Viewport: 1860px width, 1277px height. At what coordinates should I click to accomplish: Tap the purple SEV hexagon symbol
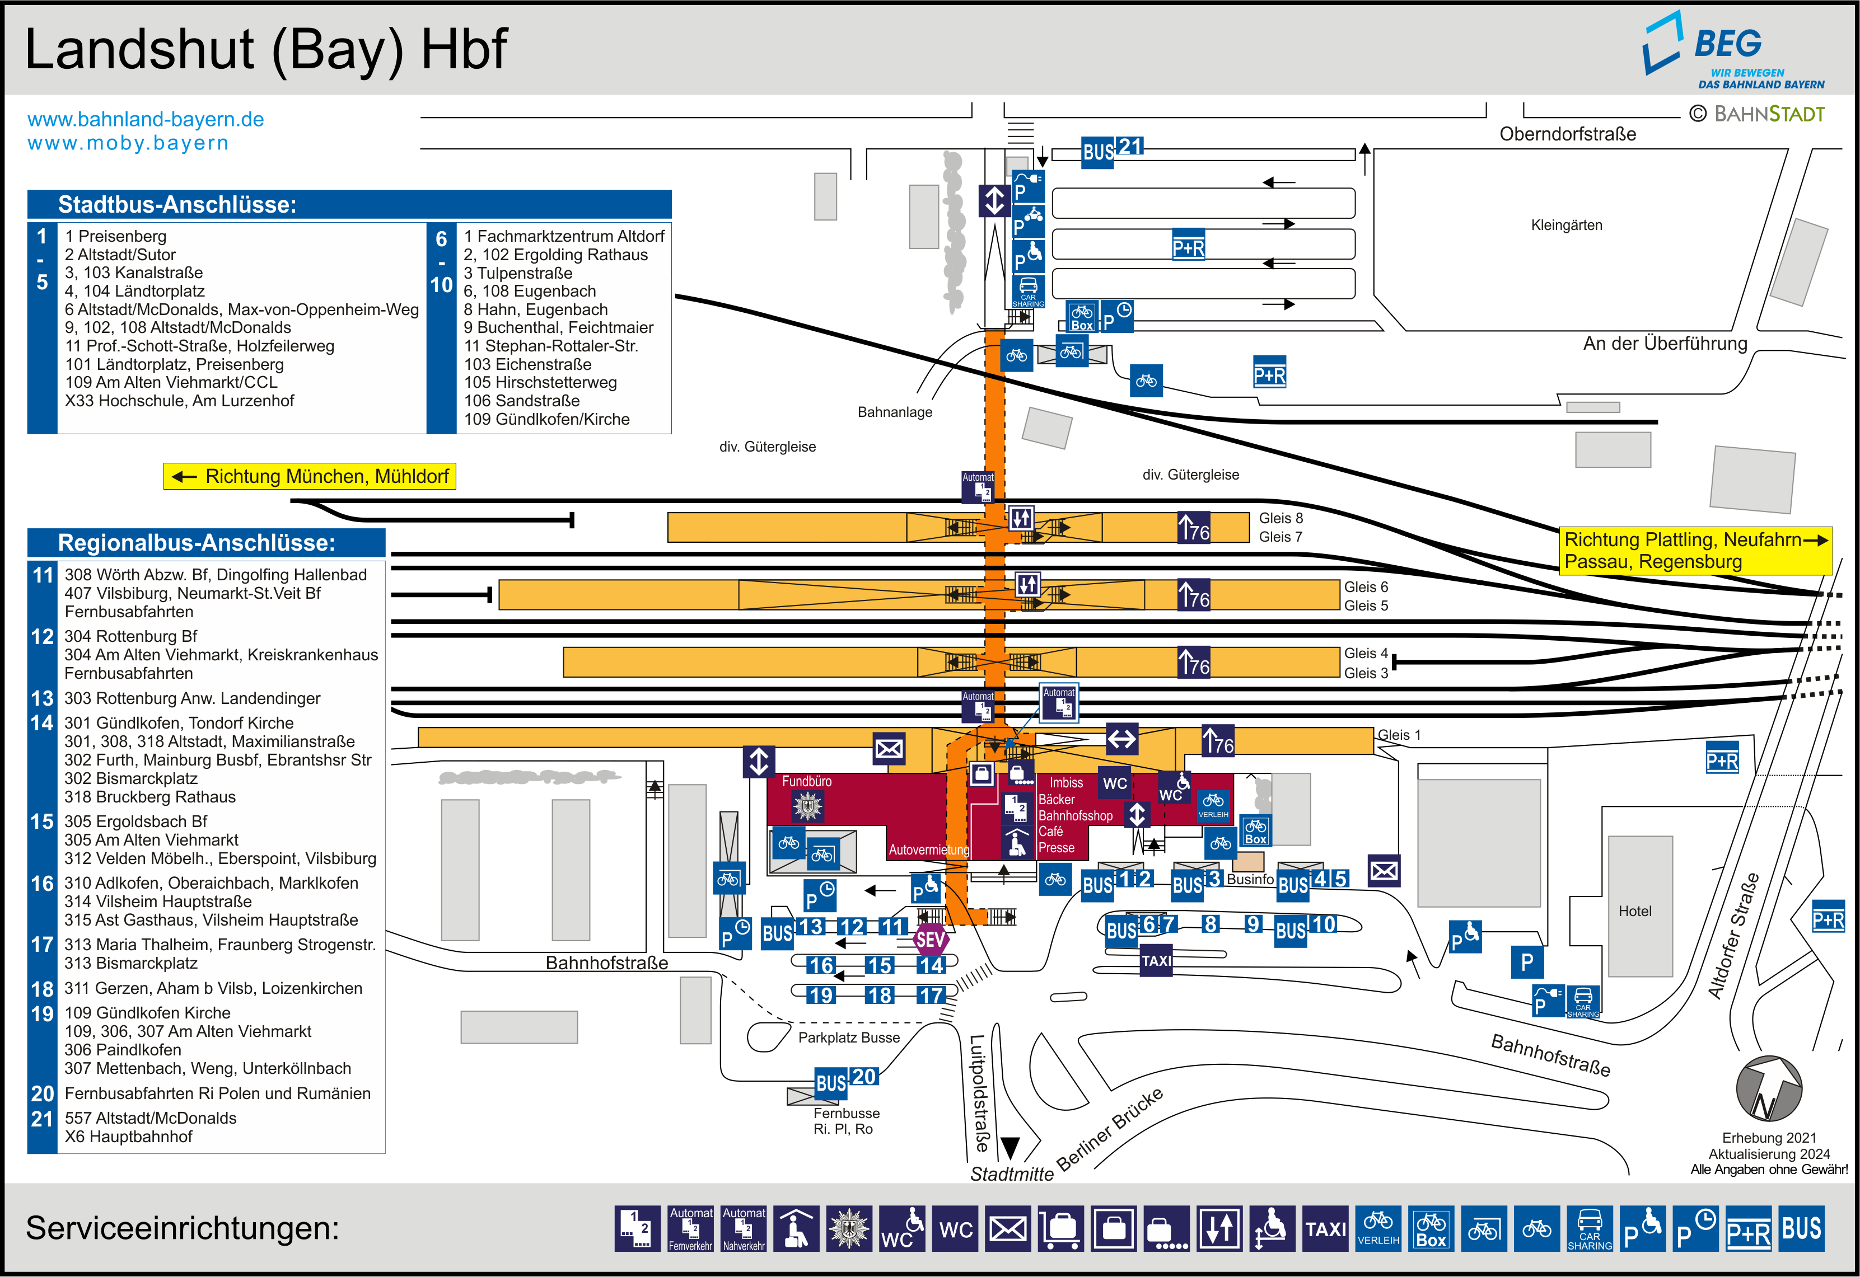930,940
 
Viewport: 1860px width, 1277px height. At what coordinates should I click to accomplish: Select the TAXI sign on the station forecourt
1156,961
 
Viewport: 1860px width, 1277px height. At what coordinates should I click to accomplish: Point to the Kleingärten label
1566,226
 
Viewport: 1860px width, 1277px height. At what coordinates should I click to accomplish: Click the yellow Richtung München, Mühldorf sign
310,477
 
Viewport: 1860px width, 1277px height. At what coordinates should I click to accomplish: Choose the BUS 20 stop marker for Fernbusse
846,1080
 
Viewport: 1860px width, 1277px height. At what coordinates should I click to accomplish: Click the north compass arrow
1769,1088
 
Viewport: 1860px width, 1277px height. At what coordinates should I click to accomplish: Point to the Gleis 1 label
1399,735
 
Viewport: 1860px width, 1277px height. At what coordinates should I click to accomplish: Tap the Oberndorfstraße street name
1567,134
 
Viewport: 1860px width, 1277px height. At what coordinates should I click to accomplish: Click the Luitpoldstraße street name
978,1093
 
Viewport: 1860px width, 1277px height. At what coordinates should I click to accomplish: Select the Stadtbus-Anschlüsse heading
177,205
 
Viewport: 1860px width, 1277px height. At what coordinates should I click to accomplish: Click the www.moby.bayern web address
128,143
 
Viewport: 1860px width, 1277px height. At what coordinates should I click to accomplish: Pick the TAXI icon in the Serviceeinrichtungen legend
1325,1229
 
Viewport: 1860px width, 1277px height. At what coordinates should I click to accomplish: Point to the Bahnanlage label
895,412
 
